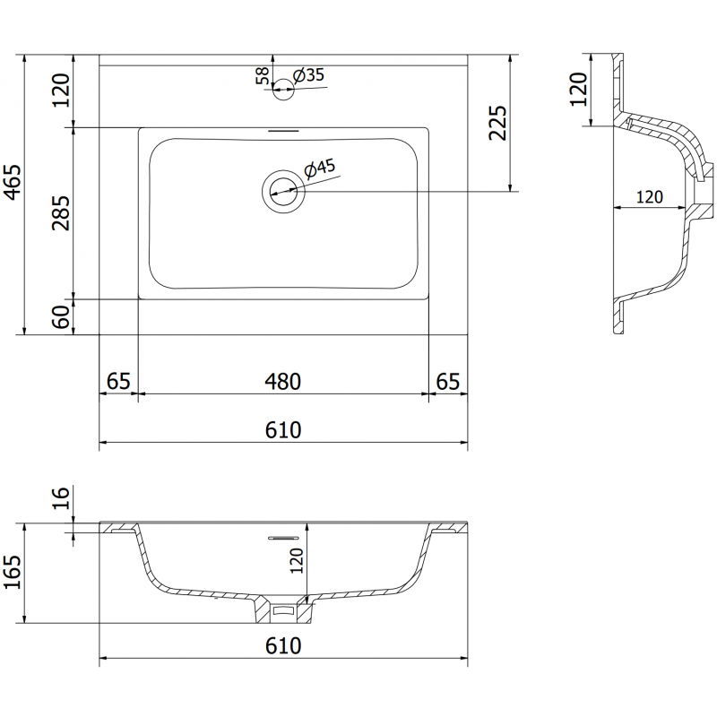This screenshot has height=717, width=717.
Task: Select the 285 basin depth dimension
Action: (61, 212)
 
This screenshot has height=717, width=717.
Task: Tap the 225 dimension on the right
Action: (498, 124)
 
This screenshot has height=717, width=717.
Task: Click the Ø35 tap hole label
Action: (309, 75)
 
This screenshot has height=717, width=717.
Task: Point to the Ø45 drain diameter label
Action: (320, 167)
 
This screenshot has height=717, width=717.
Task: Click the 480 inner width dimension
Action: (282, 381)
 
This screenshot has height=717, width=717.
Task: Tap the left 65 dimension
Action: (117, 381)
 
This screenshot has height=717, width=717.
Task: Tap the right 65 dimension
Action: (447, 381)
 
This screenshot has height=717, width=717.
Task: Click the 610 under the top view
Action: (282, 430)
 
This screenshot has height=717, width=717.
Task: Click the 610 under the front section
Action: (282, 645)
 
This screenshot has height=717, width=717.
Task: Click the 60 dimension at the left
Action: (61, 315)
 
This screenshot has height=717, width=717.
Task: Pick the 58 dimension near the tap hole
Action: (262, 75)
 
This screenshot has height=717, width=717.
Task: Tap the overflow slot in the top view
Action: (283, 130)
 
